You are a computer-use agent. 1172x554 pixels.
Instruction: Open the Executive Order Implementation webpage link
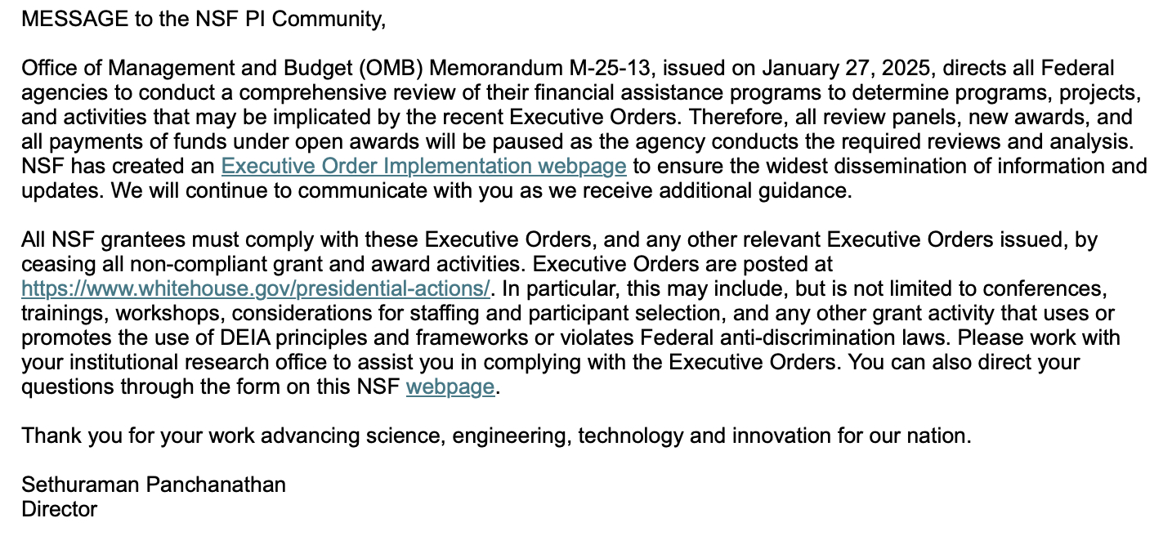click(x=423, y=167)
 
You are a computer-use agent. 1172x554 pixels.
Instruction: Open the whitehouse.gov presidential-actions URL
click(x=256, y=289)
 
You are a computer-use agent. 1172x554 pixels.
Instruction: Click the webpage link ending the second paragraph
click(x=450, y=387)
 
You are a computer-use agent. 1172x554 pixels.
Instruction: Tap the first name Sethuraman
click(x=79, y=485)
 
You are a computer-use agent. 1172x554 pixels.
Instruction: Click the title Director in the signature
click(x=60, y=510)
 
